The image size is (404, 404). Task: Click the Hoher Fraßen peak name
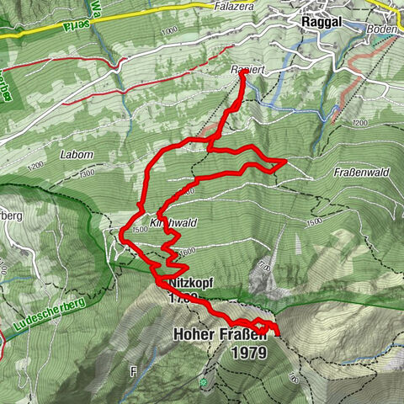220,335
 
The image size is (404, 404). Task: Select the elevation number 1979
252,353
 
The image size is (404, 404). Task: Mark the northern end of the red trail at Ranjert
243,73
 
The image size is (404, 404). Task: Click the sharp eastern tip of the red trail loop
286,159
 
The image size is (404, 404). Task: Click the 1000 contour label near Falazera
167,29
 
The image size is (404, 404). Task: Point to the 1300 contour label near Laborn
88,172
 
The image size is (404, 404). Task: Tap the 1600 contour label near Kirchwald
186,249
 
